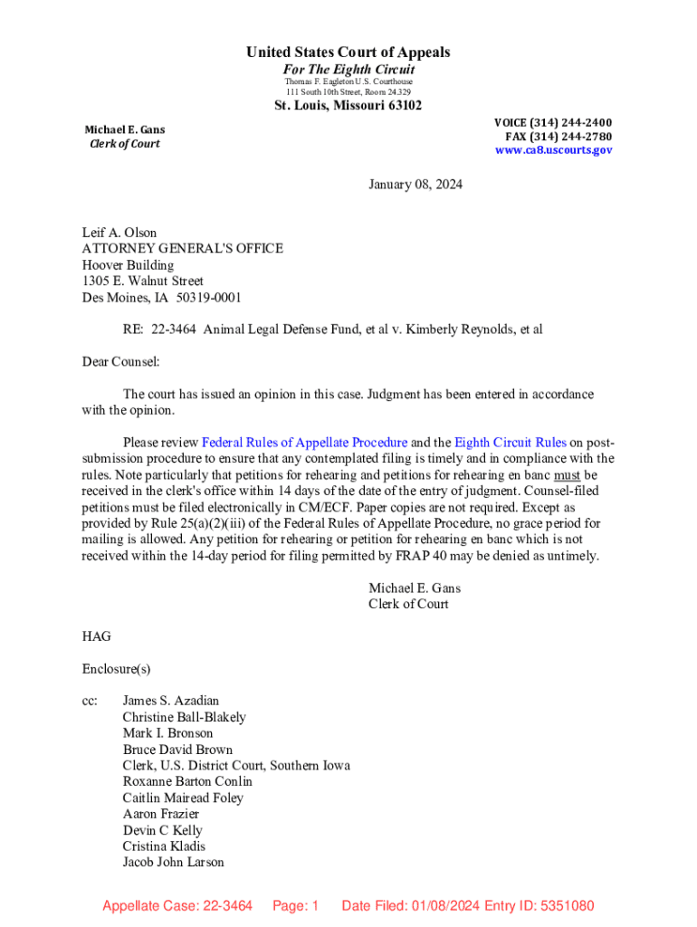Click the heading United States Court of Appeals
[348, 53]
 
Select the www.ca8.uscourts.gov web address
[553, 150]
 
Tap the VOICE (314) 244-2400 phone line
[552, 122]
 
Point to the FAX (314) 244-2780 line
[558, 137]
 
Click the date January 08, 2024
[415, 185]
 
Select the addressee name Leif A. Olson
[119, 233]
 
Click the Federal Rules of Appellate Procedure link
[304, 443]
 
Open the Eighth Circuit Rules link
[511, 443]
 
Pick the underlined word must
[567, 474]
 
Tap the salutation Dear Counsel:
[120, 361]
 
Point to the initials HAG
[97, 636]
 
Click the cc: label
[90, 701]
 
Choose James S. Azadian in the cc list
[171, 701]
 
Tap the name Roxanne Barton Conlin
[187, 781]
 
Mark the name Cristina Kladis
[164, 846]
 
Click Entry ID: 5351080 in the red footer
[539, 905]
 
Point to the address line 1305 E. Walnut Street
[143, 281]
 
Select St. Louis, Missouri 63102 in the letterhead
[348, 106]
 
